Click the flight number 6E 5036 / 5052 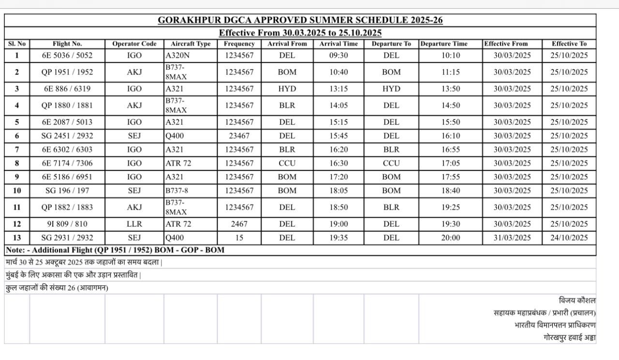tap(67, 56)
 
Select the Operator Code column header tap(134, 44)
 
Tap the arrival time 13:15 tap(339, 89)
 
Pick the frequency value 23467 tap(239, 136)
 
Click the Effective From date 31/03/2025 tap(512, 238)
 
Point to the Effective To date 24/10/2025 tap(569, 238)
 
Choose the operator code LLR tap(134, 224)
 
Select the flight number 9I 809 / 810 tap(67, 224)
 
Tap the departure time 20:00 tap(450, 238)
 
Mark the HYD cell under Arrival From tap(287, 89)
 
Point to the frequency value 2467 tap(239, 224)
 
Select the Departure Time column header tap(444, 44)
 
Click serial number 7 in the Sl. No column tap(17, 149)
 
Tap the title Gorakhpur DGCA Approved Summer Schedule tap(300, 20)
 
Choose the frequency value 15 tap(239, 238)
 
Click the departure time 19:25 tap(450, 208)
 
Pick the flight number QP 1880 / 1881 tap(67, 105)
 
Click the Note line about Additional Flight tap(115, 250)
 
